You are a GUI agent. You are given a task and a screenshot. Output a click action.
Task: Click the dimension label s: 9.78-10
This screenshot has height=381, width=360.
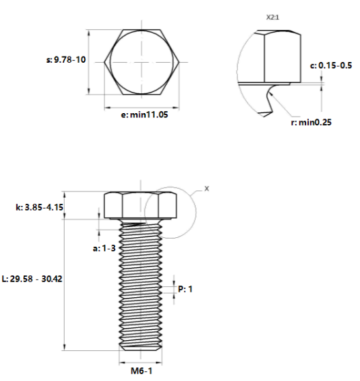pos(66,59)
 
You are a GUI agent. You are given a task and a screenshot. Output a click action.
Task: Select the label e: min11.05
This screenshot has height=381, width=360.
pos(145,115)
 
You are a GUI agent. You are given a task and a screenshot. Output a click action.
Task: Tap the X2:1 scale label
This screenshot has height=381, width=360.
pos(273,17)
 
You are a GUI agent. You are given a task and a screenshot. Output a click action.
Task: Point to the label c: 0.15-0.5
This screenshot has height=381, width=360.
pos(331,65)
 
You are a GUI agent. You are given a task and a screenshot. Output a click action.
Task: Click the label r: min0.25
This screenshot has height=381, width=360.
pos(311,122)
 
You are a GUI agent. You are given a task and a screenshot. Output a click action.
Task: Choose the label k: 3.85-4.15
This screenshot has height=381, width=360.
pos(40,207)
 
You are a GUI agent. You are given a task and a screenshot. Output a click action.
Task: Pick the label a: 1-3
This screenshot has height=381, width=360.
pos(104,248)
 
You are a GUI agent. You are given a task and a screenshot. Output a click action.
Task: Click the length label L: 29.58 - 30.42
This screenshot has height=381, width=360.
pos(32,279)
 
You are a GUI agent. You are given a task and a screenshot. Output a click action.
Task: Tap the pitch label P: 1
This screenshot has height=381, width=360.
pos(185,289)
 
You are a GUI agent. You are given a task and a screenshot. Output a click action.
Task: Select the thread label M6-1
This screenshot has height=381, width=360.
pos(142,371)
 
